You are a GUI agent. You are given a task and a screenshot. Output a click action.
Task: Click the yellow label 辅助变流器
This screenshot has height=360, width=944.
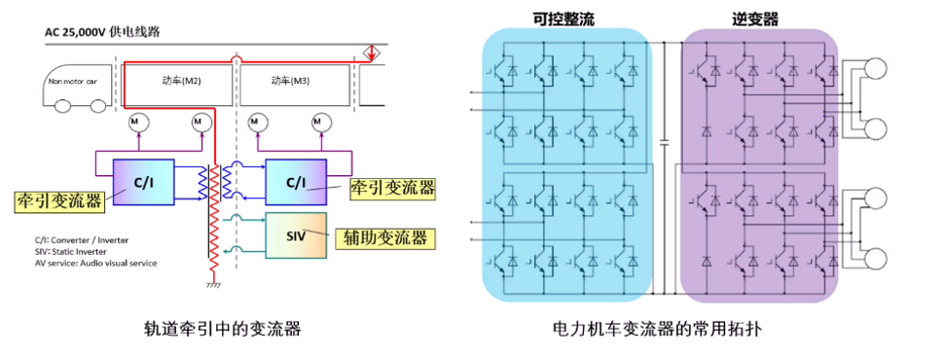(x=384, y=237)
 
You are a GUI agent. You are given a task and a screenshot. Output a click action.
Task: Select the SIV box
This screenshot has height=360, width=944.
(x=296, y=235)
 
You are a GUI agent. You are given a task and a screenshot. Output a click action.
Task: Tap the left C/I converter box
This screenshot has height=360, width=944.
(x=144, y=182)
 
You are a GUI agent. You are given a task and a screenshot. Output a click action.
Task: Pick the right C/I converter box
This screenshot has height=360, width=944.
(x=296, y=182)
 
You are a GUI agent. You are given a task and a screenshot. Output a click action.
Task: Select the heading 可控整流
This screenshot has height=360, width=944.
(x=563, y=19)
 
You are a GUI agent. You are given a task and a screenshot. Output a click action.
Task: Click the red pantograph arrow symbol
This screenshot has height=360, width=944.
(x=372, y=54)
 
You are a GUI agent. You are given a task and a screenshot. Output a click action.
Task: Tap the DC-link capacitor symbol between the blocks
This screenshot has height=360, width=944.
(x=665, y=143)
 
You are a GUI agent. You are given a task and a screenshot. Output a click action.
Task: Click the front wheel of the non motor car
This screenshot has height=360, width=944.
(x=62, y=107)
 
